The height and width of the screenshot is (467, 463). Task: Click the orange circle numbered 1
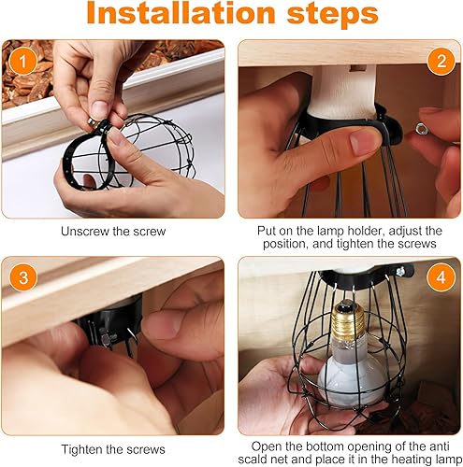(x=22, y=61)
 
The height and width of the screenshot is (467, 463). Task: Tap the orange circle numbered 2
(x=441, y=61)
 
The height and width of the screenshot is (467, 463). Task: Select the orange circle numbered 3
(x=22, y=277)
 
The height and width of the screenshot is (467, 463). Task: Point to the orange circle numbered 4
(x=441, y=277)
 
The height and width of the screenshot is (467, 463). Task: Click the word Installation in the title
(x=181, y=13)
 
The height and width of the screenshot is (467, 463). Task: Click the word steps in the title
(x=332, y=15)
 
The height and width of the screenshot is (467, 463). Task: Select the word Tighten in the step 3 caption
(x=82, y=449)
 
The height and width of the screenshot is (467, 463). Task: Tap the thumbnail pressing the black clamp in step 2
(x=365, y=142)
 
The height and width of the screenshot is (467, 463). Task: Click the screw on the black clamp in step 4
(x=400, y=271)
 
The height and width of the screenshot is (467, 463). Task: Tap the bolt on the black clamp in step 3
(x=108, y=337)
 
